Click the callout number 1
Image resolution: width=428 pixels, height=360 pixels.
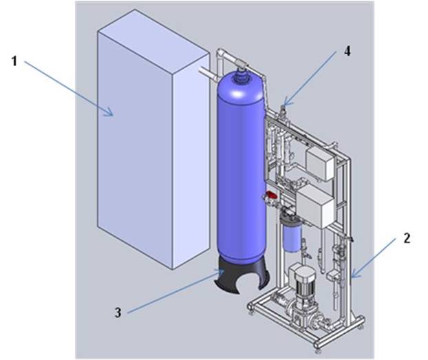click(14, 61)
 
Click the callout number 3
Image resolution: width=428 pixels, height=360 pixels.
click(118, 313)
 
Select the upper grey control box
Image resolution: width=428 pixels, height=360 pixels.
click(319, 162)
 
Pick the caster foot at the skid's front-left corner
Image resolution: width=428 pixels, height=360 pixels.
click(252, 313)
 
